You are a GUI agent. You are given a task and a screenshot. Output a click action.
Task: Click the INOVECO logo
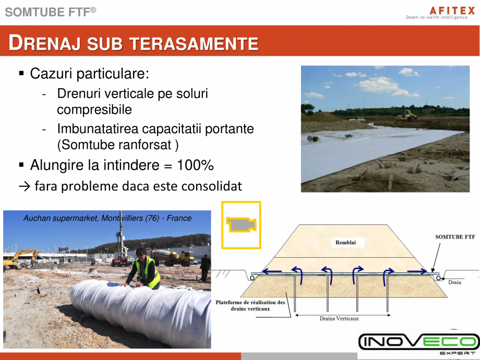(418, 342)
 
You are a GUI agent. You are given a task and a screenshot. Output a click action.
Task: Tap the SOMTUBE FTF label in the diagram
(454, 236)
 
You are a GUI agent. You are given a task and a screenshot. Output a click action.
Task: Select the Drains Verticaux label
(339, 318)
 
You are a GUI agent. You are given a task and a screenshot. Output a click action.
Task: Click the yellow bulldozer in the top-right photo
(407, 115)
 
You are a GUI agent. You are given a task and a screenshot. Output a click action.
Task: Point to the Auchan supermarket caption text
(107, 218)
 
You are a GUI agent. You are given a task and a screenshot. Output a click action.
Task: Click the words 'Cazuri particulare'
(89, 74)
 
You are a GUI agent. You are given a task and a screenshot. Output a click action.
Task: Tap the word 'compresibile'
(94, 110)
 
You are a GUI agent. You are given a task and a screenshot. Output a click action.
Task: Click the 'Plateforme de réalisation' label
(250, 305)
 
